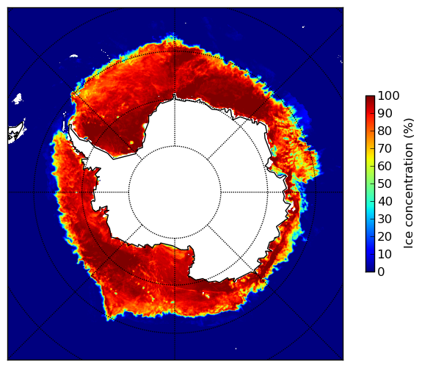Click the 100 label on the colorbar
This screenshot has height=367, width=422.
coord(388,96)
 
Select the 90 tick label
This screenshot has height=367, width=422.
coord(385,113)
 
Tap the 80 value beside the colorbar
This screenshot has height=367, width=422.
coord(385,131)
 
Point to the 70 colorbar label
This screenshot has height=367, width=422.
coord(385,148)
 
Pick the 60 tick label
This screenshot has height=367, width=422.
coord(385,166)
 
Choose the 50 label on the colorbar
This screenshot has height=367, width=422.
coord(385,184)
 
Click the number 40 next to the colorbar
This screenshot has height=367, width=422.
coord(385,201)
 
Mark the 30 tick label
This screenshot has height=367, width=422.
coord(385,219)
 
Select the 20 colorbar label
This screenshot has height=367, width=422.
coord(385,236)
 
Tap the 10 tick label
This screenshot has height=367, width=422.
coord(385,254)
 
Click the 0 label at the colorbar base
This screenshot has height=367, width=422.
coord(382,272)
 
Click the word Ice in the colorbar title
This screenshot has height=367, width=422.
coord(409,241)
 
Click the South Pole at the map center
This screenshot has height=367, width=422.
coord(175,192)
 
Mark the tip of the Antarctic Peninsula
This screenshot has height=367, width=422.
coord(70,126)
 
